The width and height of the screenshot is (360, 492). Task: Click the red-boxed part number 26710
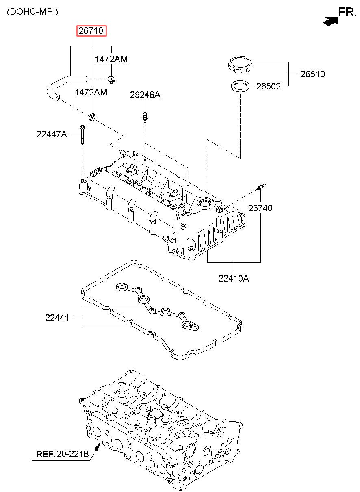[x=91, y=31]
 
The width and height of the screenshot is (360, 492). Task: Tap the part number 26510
[x=312, y=74]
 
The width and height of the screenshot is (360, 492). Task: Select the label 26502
[x=269, y=86]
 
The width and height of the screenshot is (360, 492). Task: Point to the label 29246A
[x=145, y=95]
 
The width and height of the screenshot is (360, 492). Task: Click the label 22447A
[x=52, y=134]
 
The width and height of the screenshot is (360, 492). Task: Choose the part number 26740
[x=260, y=208]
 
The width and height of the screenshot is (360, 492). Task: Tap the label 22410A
[x=234, y=279]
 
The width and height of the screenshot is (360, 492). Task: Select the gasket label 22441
[x=57, y=318]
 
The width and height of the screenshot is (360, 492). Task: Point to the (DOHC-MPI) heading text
[x=33, y=12]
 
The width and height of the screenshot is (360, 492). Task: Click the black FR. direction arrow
[x=330, y=21]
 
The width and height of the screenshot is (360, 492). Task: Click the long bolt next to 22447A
[x=82, y=134]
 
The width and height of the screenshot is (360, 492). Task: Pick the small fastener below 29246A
[x=145, y=117]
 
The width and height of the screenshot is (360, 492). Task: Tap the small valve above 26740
[x=261, y=187]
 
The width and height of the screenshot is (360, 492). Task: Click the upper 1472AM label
[x=111, y=59]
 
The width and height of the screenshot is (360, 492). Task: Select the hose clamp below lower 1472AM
[x=92, y=117]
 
